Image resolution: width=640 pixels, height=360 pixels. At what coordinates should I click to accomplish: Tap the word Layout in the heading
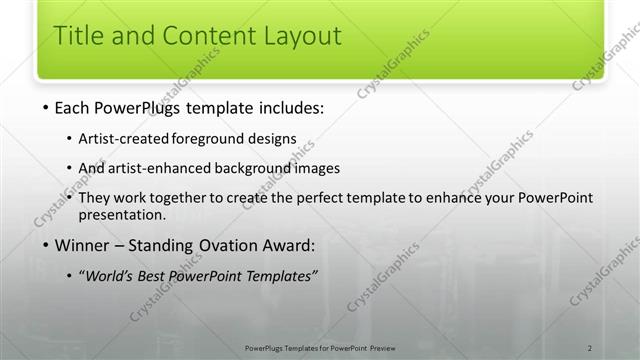coord(296,37)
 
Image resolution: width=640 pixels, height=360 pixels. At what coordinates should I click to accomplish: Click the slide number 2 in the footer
coord(590,346)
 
